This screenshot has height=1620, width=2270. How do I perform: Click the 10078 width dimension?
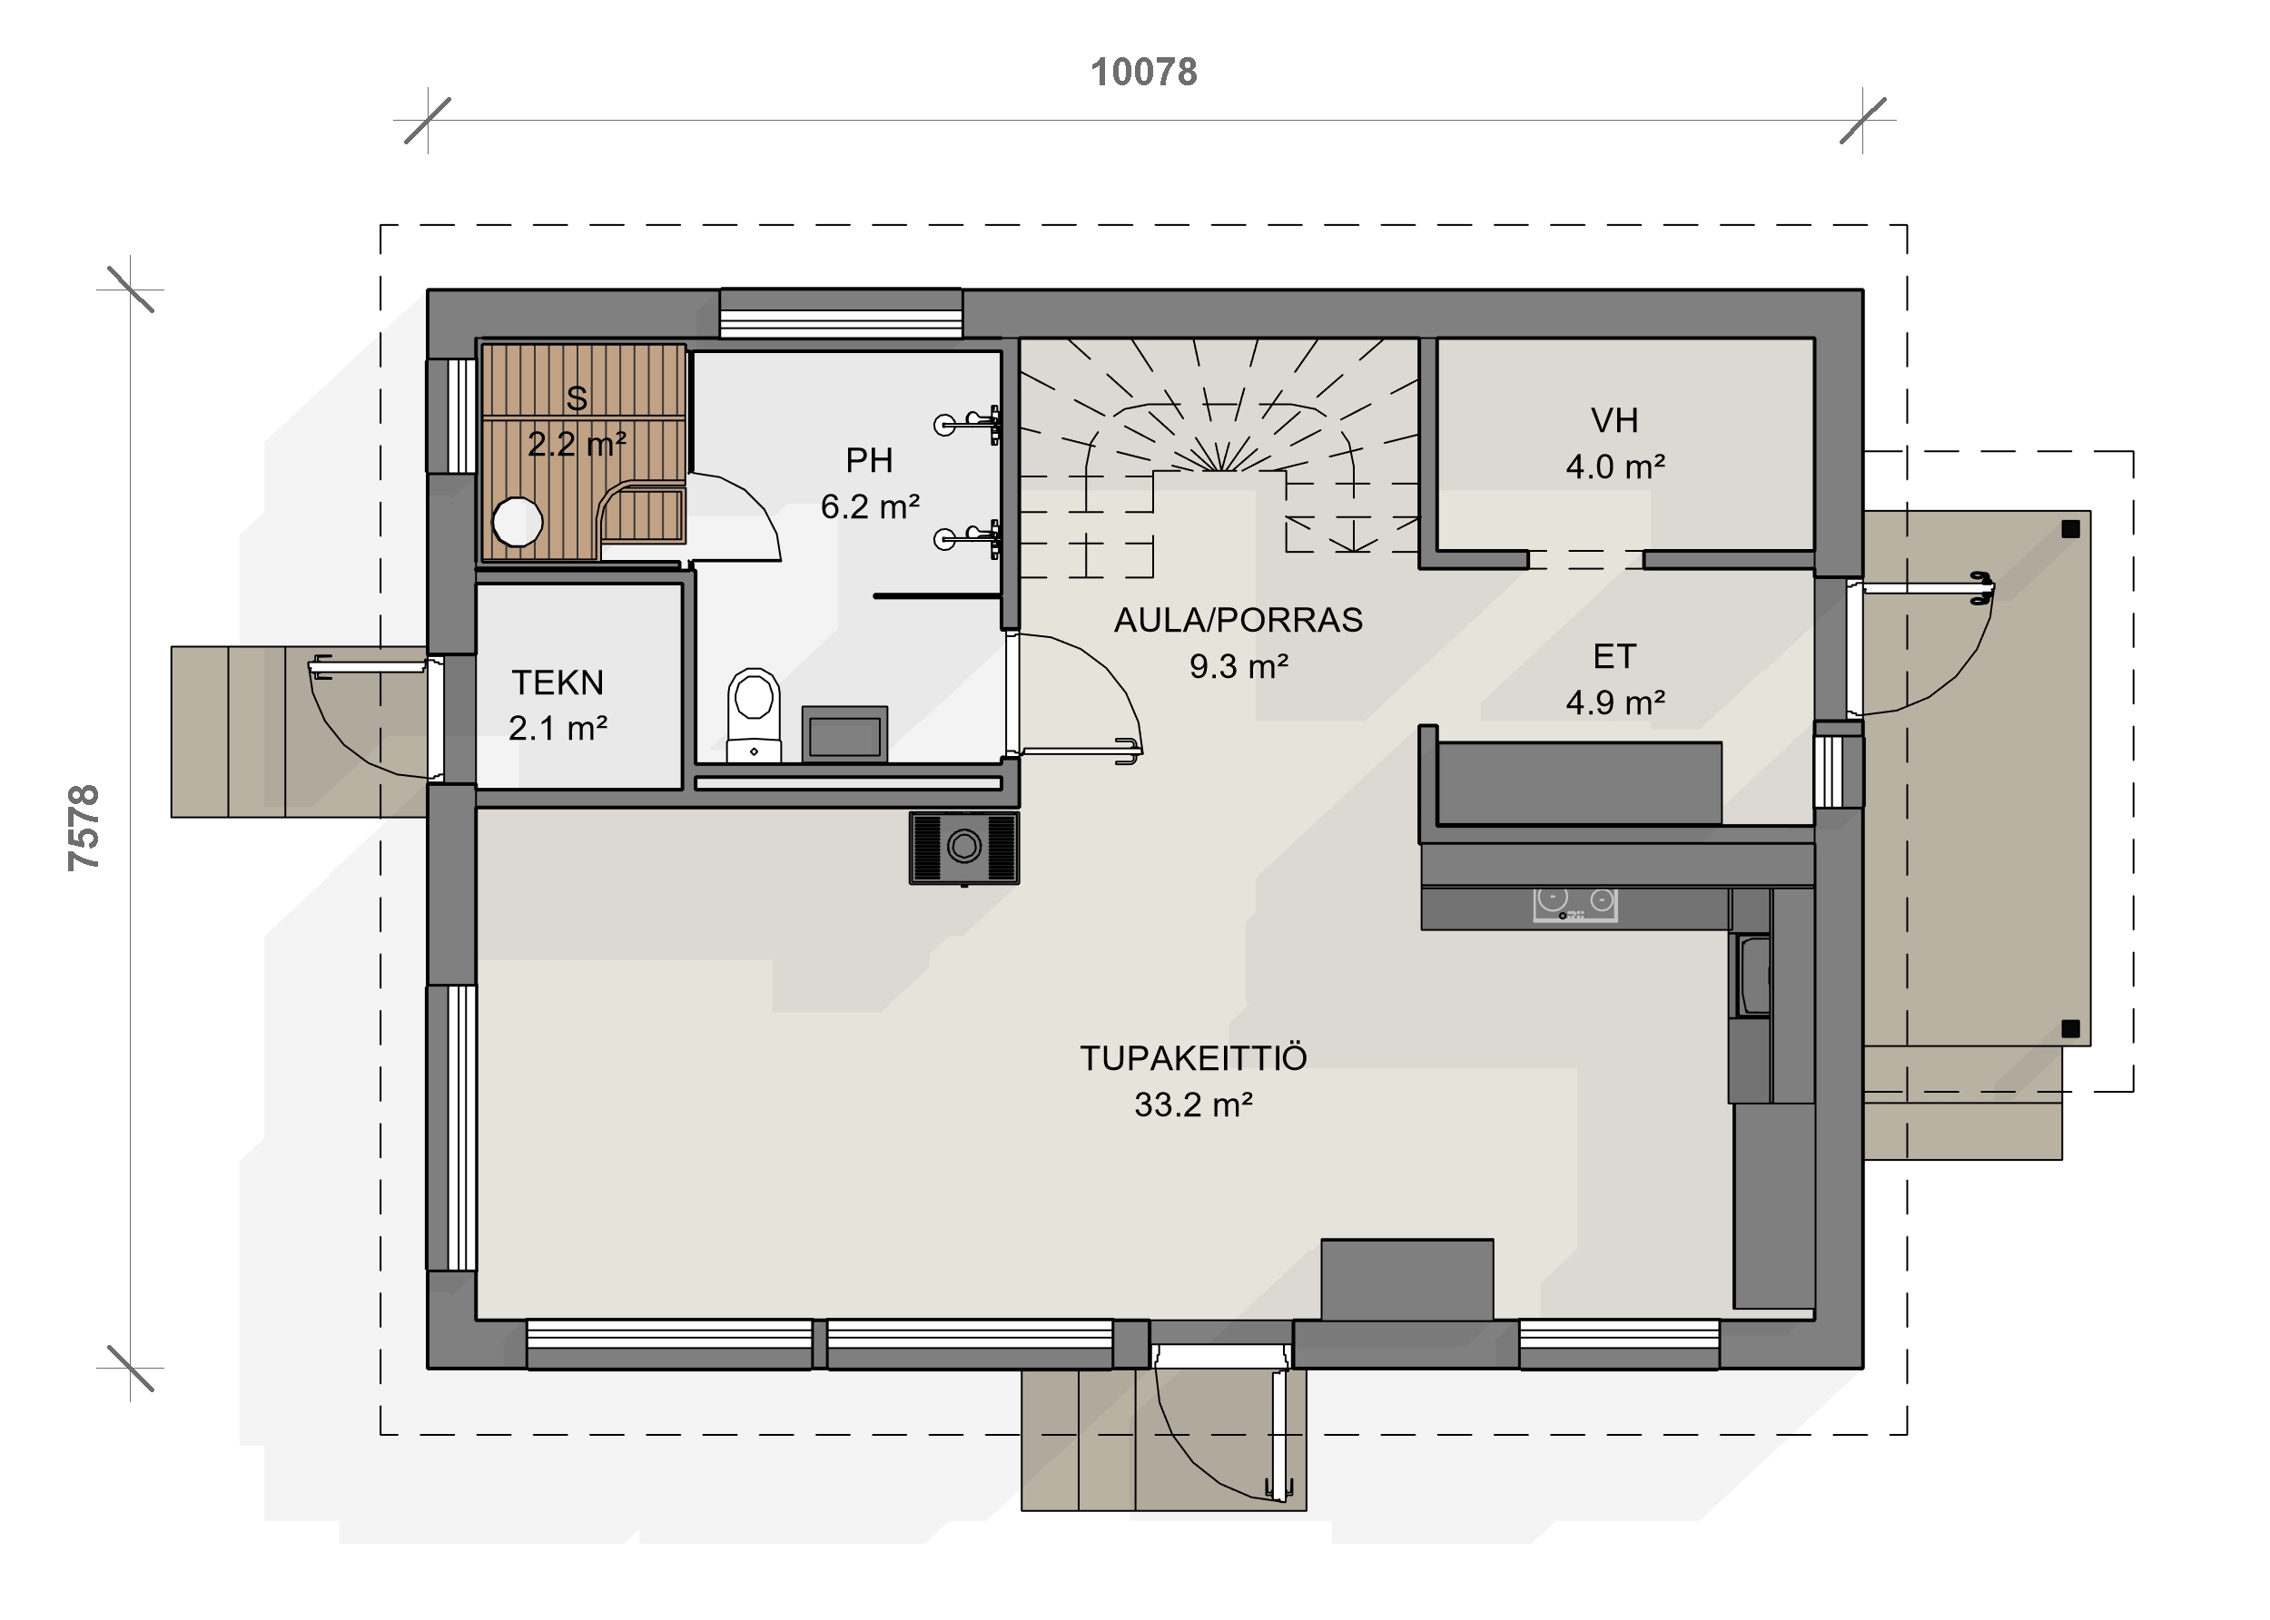(1143, 72)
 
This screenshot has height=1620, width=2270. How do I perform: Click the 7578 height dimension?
(84, 828)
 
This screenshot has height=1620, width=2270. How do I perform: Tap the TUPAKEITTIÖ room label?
(1193, 1057)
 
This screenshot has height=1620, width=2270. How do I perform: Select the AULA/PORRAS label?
(1239, 620)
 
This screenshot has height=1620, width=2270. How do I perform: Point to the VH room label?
(1614, 420)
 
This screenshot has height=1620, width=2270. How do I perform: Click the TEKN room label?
(558, 682)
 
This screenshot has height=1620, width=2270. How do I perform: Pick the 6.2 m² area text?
(870, 506)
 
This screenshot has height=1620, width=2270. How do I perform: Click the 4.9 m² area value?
(1615, 702)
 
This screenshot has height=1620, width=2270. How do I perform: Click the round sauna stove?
(518, 522)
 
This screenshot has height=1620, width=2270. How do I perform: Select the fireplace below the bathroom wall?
(964, 848)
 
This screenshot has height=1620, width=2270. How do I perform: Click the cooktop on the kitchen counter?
(1575, 904)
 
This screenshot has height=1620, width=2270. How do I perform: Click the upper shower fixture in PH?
(969, 424)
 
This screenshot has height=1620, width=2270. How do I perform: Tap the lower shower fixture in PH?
(969, 539)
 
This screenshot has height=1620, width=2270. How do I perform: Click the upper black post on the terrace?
(2070, 529)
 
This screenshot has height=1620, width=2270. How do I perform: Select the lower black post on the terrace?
(2070, 1028)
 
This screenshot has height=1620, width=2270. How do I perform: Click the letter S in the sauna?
(577, 398)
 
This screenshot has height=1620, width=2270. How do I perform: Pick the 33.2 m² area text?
(1193, 1105)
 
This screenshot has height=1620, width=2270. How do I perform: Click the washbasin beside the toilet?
(844, 735)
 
